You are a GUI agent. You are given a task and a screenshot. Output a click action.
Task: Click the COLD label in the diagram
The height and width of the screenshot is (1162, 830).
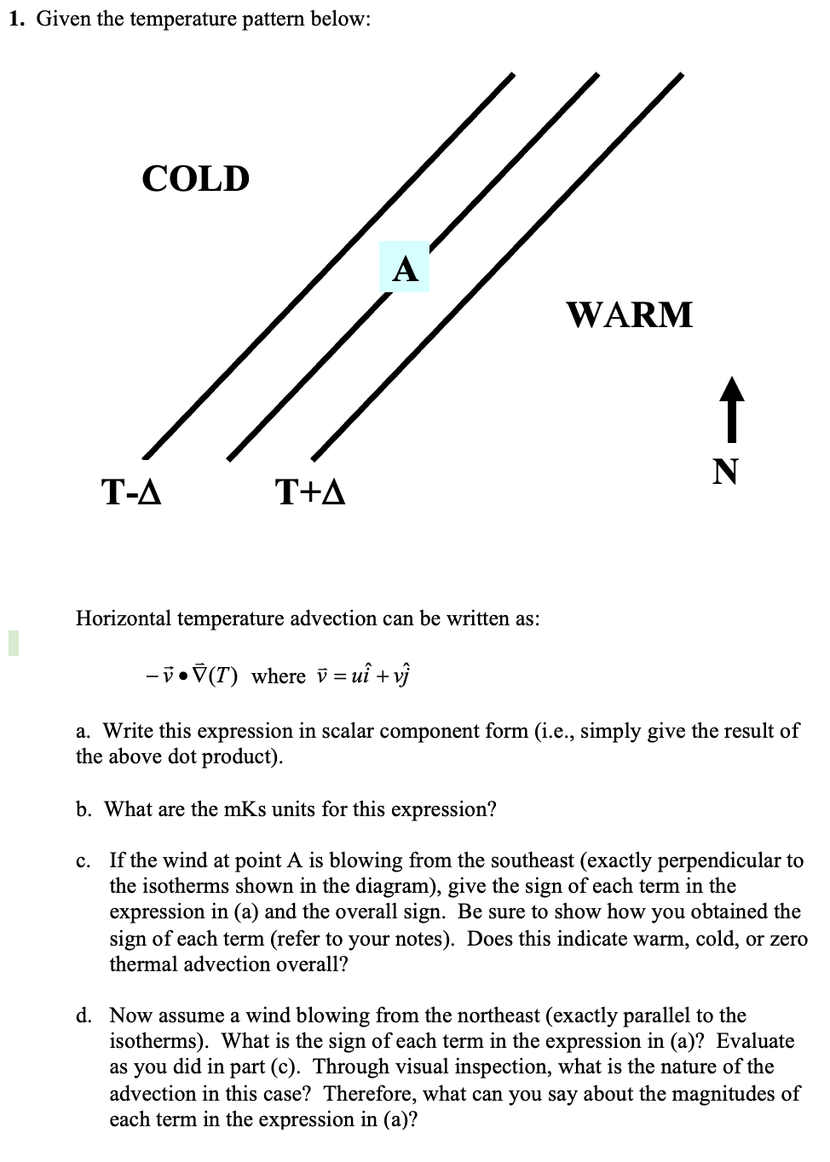(195, 179)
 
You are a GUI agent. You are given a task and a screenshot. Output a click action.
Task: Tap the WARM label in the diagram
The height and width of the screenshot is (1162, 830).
(630, 314)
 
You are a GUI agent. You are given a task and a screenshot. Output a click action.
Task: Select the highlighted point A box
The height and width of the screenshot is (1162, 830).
(406, 267)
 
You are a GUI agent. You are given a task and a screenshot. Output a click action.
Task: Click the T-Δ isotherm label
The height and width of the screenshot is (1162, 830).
(131, 492)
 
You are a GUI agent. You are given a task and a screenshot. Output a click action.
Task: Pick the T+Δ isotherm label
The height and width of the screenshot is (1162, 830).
(310, 492)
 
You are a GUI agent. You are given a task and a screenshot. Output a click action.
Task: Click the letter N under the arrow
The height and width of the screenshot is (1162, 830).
(725, 470)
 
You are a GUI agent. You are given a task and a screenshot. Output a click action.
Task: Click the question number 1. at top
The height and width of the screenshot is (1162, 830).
(16, 20)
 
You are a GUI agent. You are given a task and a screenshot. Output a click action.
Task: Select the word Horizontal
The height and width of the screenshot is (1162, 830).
(123, 618)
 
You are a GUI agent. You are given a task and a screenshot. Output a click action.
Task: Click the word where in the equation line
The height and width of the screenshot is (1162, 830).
(279, 676)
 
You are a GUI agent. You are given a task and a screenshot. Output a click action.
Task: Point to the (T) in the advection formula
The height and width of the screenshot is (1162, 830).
(225, 676)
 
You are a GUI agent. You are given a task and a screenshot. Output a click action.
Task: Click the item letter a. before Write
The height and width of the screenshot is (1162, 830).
(84, 731)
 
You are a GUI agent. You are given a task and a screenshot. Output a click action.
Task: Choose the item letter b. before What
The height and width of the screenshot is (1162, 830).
(84, 808)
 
